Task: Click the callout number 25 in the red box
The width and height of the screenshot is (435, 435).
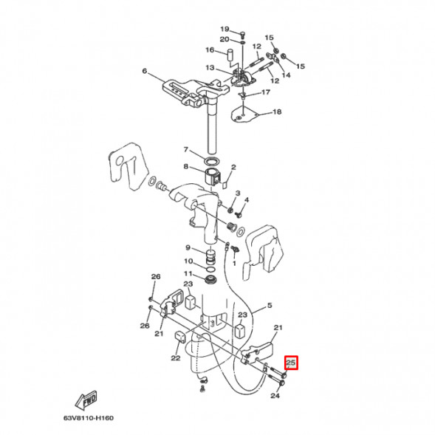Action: click(290, 363)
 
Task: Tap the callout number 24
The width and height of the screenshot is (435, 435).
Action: click(275, 396)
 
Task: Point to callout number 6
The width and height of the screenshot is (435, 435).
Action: click(145, 72)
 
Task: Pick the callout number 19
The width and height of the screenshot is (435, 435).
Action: click(225, 29)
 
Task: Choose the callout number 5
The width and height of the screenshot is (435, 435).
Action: click(270, 305)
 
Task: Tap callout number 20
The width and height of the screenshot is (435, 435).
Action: click(225, 39)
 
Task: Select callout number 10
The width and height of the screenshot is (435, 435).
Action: click(188, 261)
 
